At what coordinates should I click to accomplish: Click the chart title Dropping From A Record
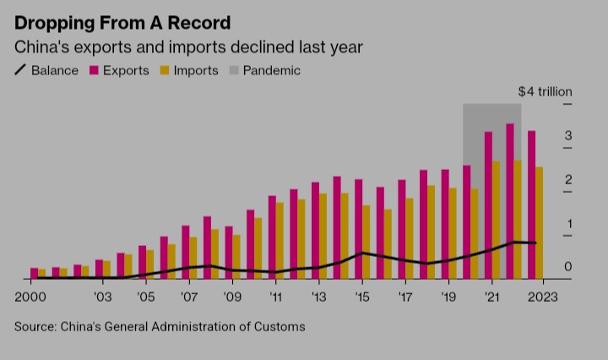122,23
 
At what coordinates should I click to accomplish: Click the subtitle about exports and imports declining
188,47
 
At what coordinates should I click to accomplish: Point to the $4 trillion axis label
545,91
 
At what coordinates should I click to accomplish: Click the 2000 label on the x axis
31,297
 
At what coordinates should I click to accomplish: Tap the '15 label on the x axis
361,297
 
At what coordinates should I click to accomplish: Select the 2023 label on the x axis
542,297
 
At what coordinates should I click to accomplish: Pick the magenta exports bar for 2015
358,228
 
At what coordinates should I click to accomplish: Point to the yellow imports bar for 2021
497,220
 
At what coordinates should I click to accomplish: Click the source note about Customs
160,326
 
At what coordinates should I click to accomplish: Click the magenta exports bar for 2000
34,273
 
